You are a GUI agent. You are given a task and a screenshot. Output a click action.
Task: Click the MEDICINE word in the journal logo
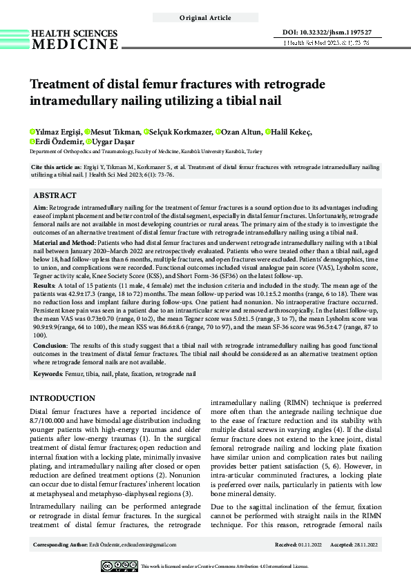75,45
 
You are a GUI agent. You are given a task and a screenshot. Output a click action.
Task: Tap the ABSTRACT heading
55,195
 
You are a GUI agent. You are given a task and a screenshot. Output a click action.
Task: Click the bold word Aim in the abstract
41,207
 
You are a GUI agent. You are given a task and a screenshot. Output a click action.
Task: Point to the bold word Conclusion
50,346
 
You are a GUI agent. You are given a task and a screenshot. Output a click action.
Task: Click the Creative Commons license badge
120,566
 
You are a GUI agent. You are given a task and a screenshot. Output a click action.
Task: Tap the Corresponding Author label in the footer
60,545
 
